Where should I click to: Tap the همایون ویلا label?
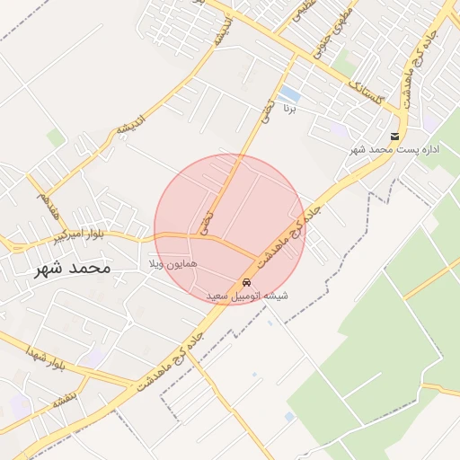coord(172,265)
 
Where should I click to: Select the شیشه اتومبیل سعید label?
coord(247,295)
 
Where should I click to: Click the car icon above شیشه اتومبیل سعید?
coord(247,282)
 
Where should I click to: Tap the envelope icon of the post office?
coord(394,136)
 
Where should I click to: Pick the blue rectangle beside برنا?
coord(289,94)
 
